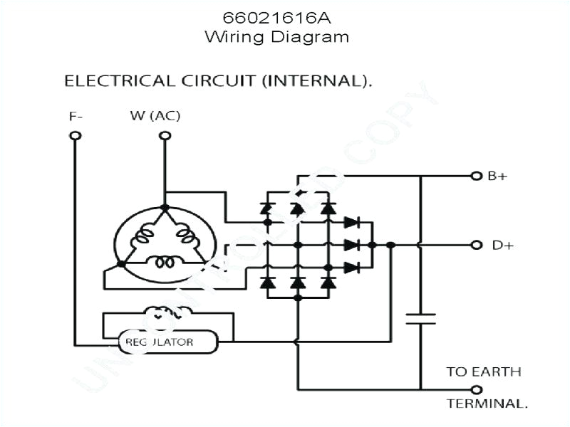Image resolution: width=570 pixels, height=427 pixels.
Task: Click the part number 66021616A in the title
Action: pyautogui.click(x=276, y=16)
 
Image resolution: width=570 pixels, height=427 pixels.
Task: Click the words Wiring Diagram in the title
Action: pyautogui.click(x=276, y=36)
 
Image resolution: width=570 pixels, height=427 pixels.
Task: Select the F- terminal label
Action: pyautogui.click(x=76, y=115)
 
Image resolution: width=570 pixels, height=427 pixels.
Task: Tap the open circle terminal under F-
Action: pyautogui.click(x=76, y=136)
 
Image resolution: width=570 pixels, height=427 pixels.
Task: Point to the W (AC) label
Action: pyautogui.click(x=155, y=115)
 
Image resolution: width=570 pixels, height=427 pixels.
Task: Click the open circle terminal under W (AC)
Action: pyautogui.click(x=165, y=136)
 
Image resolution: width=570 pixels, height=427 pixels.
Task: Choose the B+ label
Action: pyautogui.click(x=497, y=176)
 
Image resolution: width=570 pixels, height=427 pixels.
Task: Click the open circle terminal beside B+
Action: pyautogui.click(x=477, y=176)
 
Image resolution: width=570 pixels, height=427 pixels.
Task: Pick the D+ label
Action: pyautogui.click(x=502, y=245)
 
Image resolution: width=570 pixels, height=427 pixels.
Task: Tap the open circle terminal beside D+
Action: pyautogui.click(x=477, y=245)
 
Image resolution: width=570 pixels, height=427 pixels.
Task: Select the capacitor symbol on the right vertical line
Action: pyautogui.click(x=420, y=318)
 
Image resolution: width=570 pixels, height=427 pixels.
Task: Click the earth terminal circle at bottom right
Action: pyautogui.click(x=477, y=389)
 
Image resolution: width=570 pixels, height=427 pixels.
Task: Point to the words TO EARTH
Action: pyautogui.click(x=484, y=371)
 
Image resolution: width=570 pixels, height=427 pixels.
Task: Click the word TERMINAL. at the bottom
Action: pyautogui.click(x=487, y=404)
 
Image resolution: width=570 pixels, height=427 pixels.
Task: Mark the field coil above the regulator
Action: pyautogui.click(x=167, y=313)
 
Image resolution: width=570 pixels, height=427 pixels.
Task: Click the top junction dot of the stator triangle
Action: pyautogui.click(x=165, y=208)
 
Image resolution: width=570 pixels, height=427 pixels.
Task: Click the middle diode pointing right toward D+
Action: pyautogui.click(x=351, y=245)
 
